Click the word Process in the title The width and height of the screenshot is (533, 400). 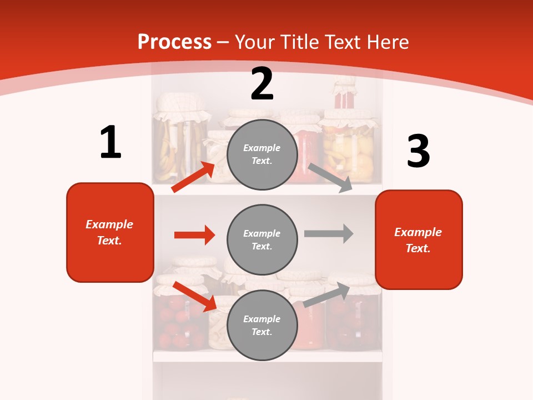[174, 42]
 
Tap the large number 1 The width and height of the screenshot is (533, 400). [110, 142]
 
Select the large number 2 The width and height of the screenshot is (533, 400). [262, 84]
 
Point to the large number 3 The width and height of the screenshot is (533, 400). [418, 151]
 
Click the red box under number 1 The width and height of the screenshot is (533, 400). [110, 232]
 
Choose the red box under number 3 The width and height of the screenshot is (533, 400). [419, 240]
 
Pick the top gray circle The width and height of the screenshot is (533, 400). [262, 154]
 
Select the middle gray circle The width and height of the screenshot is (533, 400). [262, 239]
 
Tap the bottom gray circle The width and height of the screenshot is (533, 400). [262, 325]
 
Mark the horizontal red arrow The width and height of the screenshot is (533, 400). [194, 235]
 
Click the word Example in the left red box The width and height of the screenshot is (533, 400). [109, 224]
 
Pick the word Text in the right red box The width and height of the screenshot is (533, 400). [418, 248]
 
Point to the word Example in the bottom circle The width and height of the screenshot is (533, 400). [262, 319]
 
